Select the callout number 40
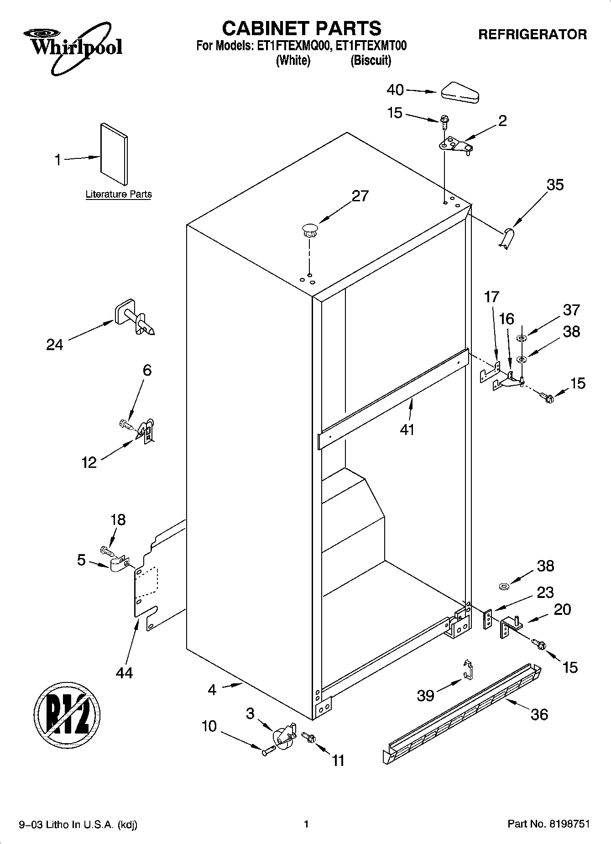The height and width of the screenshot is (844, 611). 395,90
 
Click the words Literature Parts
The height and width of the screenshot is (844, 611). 119,194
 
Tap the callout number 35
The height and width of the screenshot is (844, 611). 555,185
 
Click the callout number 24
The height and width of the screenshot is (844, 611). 55,345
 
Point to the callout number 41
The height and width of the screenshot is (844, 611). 407,430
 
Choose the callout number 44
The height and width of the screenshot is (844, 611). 124,672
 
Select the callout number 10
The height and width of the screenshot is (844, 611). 209,726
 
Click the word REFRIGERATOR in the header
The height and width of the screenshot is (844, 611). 533,34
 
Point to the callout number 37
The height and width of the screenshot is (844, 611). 571,310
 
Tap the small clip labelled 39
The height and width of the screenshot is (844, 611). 467,670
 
